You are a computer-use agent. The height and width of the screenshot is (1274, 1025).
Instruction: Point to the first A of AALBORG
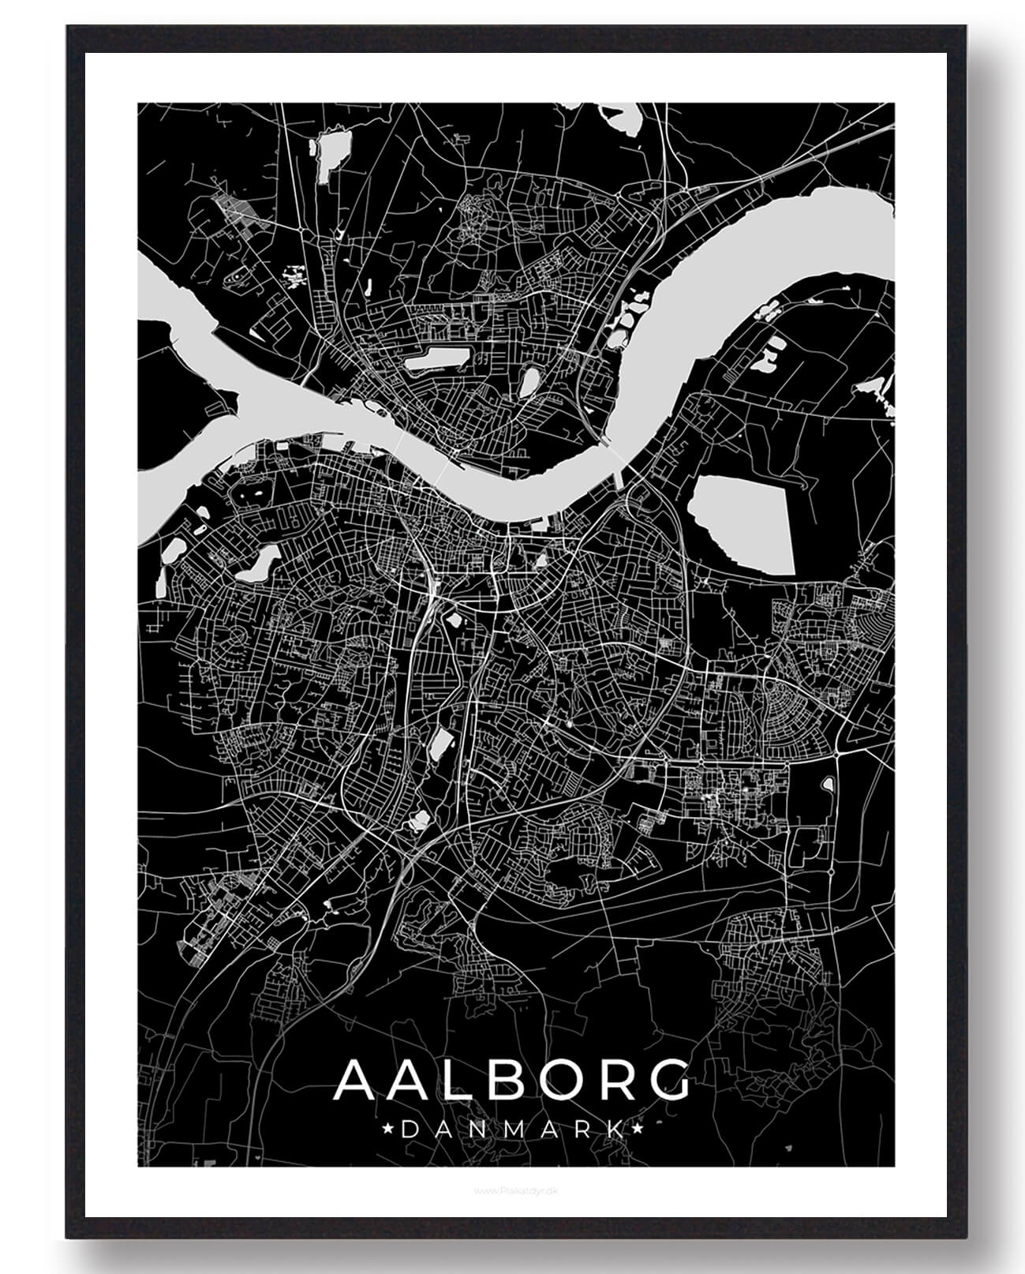click(357, 1081)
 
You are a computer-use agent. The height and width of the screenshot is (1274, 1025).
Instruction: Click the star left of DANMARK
click(387, 1129)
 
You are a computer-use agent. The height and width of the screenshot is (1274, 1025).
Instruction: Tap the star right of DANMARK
click(638, 1129)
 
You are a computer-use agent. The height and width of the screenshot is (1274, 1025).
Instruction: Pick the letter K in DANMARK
click(614, 1129)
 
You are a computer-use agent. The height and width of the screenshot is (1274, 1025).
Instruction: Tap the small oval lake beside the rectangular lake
click(527, 383)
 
